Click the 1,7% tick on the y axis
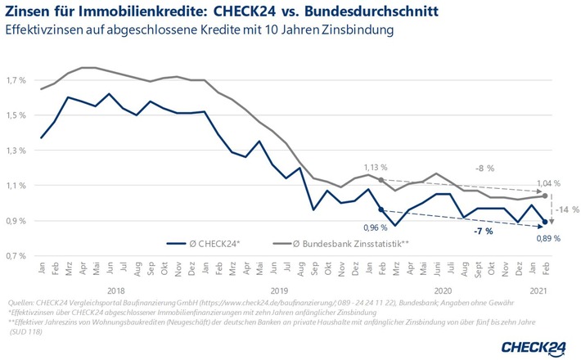(16, 81)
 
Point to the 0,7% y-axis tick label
(16, 256)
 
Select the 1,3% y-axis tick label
(16, 151)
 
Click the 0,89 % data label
(547, 238)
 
